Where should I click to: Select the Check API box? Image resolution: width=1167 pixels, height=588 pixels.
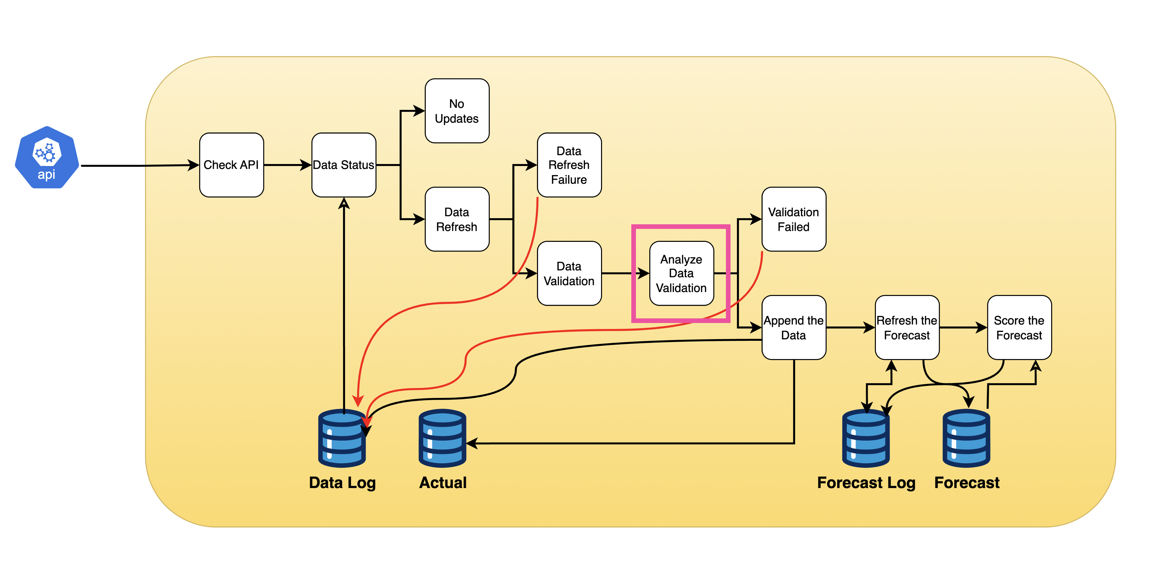pos(231,165)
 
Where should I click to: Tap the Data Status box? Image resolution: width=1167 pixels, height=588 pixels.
pos(343,165)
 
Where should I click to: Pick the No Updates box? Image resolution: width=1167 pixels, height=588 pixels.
pos(457,111)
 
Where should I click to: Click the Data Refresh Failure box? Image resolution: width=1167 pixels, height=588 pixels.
pos(569,165)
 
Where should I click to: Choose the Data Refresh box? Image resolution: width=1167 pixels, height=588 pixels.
pos(457,219)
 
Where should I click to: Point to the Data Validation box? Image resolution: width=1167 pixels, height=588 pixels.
pos(569,273)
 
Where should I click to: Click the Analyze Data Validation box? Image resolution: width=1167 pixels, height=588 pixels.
pos(681,273)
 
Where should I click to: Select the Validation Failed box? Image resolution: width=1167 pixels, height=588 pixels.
pos(794,219)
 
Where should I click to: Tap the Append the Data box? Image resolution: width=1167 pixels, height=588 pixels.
pos(794,328)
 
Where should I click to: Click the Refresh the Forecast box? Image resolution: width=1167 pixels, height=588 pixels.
pos(907,328)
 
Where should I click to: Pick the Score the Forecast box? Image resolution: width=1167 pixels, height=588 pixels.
pos(1019,328)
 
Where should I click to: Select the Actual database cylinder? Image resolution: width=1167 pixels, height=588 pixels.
pos(442,439)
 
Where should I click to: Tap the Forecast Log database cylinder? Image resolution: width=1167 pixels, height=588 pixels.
pos(866,439)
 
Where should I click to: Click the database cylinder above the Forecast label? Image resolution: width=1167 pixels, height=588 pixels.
pos(966,439)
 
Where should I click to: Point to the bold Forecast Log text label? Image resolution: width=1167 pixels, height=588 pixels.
pos(866,482)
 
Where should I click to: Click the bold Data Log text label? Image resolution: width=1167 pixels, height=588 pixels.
pos(342,482)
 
